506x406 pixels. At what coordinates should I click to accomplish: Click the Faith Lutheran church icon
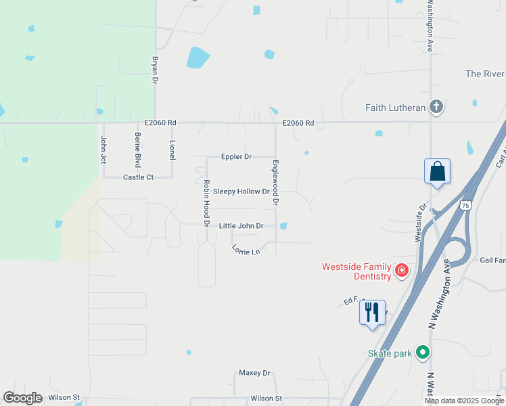pyautogui.click(x=437, y=107)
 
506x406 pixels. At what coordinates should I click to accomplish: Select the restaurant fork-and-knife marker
pyautogui.click(x=372, y=313)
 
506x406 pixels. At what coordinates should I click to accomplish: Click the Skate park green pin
pyautogui.click(x=423, y=353)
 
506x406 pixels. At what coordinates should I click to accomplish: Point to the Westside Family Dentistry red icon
pyautogui.click(x=402, y=271)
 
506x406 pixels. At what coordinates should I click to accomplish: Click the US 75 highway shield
pyautogui.click(x=465, y=205)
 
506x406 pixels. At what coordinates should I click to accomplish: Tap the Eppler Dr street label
pyautogui.click(x=236, y=157)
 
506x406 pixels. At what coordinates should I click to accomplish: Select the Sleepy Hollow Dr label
pyautogui.click(x=241, y=191)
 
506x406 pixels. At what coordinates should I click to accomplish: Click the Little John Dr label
pyautogui.click(x=241, y=226)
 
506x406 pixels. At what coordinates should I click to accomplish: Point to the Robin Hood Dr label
pyautogui.click(x=207, y=202)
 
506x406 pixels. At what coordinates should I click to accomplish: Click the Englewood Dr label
pyautogui.click(x=275, y=183)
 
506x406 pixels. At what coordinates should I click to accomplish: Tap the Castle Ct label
pyautogui.click(x=138, y=177)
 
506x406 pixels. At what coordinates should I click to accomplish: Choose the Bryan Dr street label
pyautogui.click(x=155, y=70)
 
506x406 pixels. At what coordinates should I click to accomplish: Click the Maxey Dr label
pyautogui.click(x=254, y=373)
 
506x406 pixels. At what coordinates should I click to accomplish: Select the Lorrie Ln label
pyautogui.click(x=246, y=250)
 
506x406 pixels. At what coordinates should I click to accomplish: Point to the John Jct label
pyautogui.click(x=103, y=149)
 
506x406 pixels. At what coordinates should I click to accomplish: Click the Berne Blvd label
pyautogui.click(x=137, y=150)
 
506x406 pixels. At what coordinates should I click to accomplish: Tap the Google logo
pyautogui.click(x=22, y=397)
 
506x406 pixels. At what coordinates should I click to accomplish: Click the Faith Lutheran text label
pyautogui.click(x=396, y=108)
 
